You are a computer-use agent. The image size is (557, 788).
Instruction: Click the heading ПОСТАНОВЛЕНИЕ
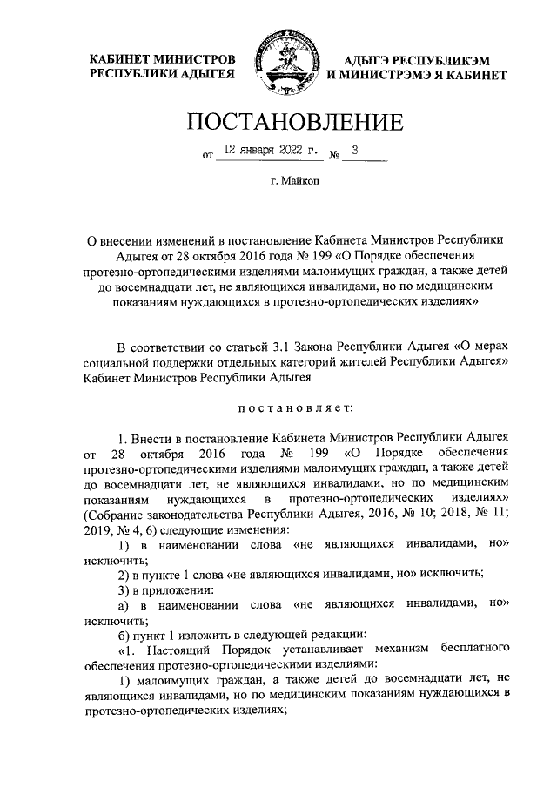coord(278,121)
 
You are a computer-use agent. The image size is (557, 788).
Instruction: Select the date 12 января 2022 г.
coord(270,151)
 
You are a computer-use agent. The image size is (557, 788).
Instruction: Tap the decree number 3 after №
coord(355,151)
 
